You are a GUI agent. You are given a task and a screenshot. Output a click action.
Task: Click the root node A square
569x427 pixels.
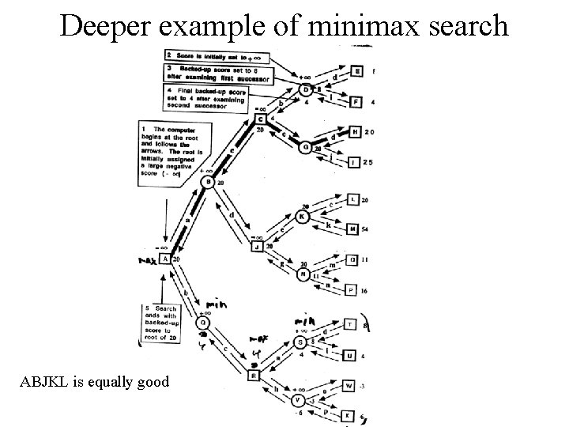coord(164,259)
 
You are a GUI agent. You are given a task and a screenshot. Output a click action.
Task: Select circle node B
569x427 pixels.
coord(208,183)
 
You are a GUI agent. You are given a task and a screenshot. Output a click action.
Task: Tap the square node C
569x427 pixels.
coord(260,119)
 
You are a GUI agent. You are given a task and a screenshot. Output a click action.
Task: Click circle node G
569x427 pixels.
coord(305,146)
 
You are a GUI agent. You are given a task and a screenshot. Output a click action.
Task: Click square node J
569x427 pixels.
coord(257,247)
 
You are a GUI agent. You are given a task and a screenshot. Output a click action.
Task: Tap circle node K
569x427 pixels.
coord(303,216)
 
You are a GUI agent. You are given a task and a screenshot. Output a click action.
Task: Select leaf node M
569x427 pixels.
coord(352,229)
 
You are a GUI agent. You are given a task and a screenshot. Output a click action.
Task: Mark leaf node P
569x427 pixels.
coord(352,289)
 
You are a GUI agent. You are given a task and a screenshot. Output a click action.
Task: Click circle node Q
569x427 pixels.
coord(203,323)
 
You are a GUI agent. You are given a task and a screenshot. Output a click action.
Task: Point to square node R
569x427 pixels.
coord(254,376)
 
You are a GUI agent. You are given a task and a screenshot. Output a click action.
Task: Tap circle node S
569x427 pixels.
coord(300,342)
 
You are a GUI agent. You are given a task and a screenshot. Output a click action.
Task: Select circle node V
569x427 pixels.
coord(299,401)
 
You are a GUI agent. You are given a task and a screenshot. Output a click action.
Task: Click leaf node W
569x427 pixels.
coord(349,386)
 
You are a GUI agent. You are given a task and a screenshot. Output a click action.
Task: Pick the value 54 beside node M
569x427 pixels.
coord(365,229)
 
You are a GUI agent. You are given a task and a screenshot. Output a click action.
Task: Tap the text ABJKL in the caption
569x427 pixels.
coord(47,382)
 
